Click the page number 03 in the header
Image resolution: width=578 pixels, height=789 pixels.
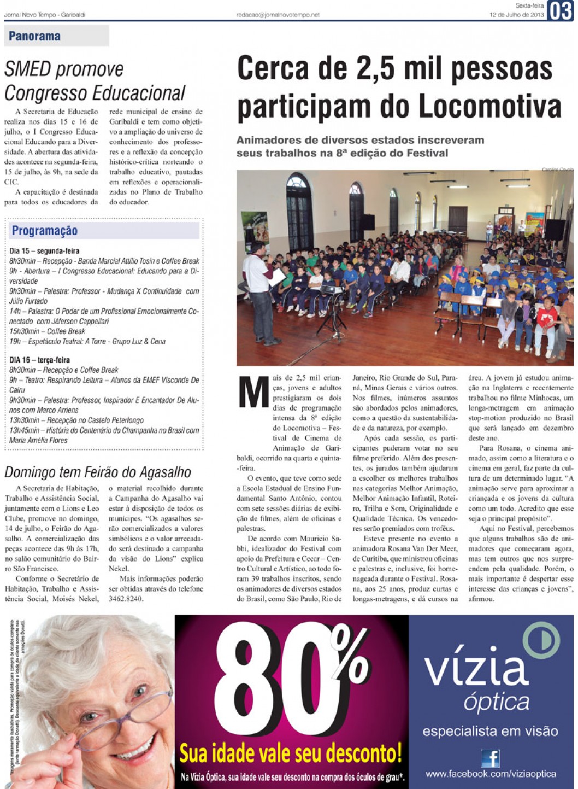561,10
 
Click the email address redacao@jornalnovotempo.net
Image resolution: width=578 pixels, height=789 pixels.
278,15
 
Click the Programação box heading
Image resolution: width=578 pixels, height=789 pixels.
45,231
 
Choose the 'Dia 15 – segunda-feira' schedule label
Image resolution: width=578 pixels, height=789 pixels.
44,251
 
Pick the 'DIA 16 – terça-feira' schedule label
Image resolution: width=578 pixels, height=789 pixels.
39,360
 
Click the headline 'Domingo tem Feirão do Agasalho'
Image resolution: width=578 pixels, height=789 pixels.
98,472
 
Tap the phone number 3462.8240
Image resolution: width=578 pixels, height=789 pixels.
126,599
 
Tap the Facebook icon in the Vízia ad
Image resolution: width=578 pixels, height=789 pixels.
490,758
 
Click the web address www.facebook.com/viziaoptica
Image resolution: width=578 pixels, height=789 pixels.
491,774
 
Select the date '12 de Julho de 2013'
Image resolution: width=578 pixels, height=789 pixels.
516,15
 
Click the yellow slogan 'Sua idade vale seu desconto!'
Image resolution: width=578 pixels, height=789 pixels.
291,753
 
